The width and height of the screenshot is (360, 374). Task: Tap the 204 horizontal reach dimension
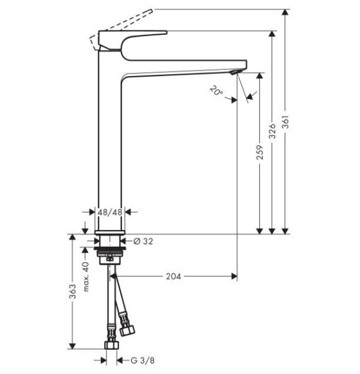pyautogui.click(x=174, y=276)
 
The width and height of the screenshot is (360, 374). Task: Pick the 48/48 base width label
pyautogui.click(x=111, y=212)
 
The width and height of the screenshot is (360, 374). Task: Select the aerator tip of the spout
pyautogui.click(x=235, y=72)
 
